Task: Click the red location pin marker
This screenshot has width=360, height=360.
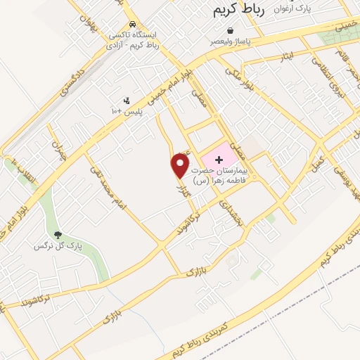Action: (x=181, y=165)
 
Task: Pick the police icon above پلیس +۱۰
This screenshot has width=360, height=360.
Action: (x=127, y=101)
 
